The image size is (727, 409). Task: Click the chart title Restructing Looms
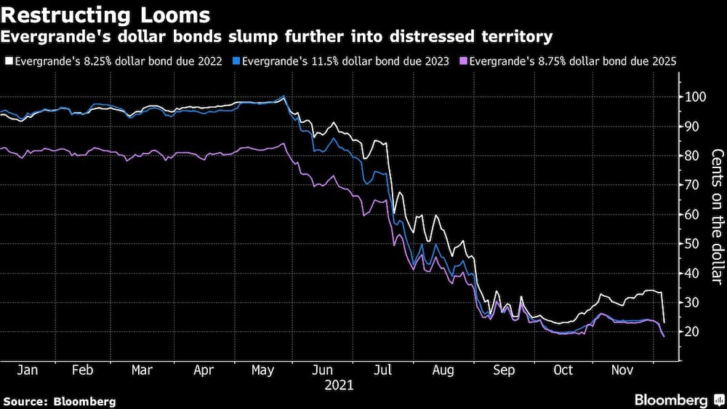pyautogui.click(x=106, y=15)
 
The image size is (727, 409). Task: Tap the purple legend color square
pyautogui.click(x=464, y=63)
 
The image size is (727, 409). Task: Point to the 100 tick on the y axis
pyautogui.click(x=694, y=97)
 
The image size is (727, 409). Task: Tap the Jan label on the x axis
pyautogui.click(x=27, y=370)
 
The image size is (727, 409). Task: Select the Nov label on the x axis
pyautogui.click(x=621, y=370)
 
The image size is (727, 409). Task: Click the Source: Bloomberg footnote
pyautogui.click(x=59, y=401)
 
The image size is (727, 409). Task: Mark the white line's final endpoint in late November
pyautogui.click(x=664, y=322)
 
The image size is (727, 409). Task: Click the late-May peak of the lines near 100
pyautogui.click(x=284, y=96)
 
